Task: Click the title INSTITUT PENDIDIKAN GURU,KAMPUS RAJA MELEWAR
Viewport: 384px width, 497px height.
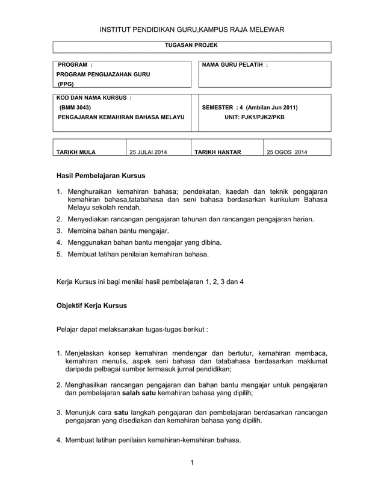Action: [192, 29]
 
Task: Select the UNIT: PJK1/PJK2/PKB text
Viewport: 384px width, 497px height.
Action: [255, 117]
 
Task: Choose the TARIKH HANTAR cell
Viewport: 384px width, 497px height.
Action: [217, 152]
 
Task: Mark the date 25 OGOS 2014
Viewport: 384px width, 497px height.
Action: [286, 152]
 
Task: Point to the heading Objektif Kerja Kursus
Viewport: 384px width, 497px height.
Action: [91, 306]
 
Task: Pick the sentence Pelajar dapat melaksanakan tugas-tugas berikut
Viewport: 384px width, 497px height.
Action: [132, 330]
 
